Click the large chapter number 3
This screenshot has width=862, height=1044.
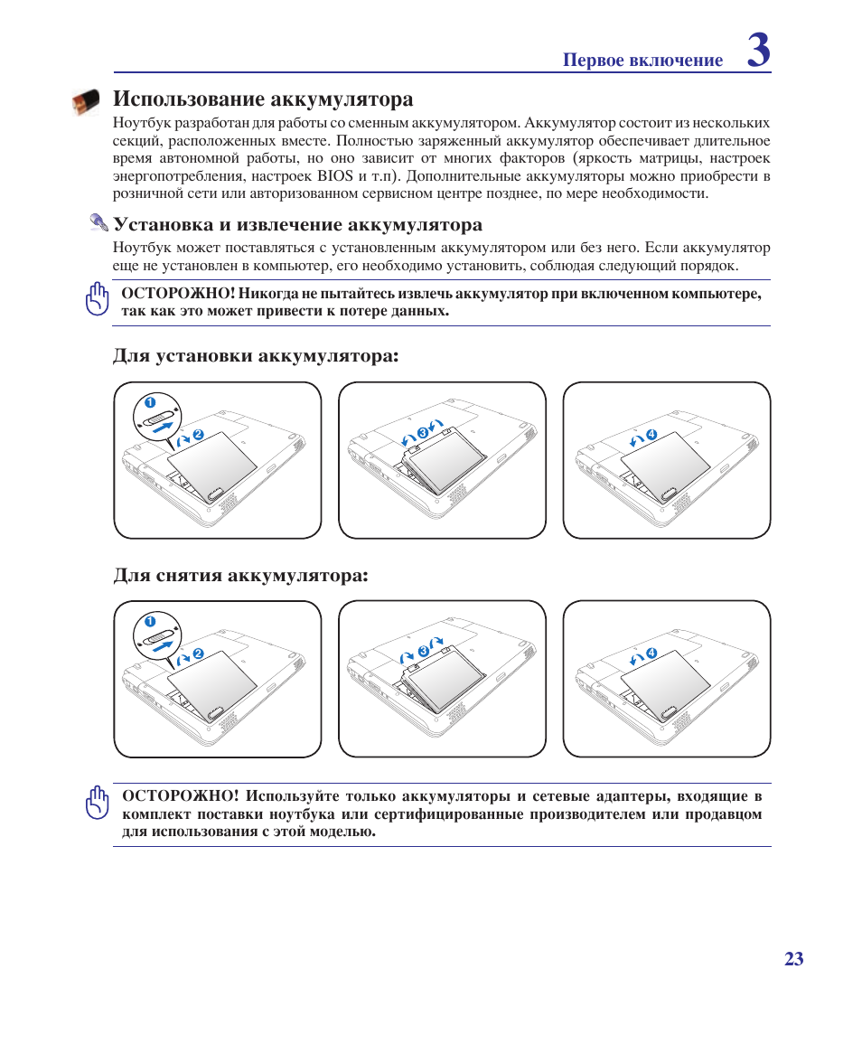[x=759, y=51]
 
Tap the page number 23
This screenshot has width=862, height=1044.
[x=793, y=959]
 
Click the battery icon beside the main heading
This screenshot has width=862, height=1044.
[x=88, y=102]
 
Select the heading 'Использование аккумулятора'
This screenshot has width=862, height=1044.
[x=263, y=99]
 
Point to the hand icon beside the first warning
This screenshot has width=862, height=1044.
[x=97, y=300]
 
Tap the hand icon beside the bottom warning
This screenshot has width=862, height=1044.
[x=97, y=803]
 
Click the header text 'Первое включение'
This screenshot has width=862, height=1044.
[x=642, y=61]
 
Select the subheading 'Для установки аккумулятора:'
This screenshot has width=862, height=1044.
[x=256, y=356]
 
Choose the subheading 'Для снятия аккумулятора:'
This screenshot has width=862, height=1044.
[x=240, y=576]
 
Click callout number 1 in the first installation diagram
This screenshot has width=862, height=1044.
[x=150, y=401]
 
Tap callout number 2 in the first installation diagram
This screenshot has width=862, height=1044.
[x=199, y=436]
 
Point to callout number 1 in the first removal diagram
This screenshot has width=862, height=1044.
[x=150, y=621]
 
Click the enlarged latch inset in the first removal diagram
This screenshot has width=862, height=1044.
[x=159, y=638]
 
